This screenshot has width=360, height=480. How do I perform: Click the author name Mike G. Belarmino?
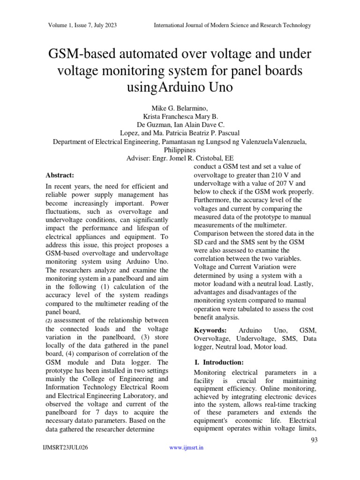pyautogui.click(x=180, y=109)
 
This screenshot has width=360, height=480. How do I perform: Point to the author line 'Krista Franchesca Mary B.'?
pyautogui.click(x=180, y=117)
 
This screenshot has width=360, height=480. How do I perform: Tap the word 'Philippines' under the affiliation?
pyautogui.click(x=180, y=150)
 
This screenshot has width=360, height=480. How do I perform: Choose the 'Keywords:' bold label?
pyautogui.click(x=210, y=330)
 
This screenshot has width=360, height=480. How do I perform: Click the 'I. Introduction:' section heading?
pyautogui.click(x=218, y=362)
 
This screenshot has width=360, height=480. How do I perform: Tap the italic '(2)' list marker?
pyautogui.click(x=50, y=320)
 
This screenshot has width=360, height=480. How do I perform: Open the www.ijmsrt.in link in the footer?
pyautogui.click(x=186, y=448)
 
